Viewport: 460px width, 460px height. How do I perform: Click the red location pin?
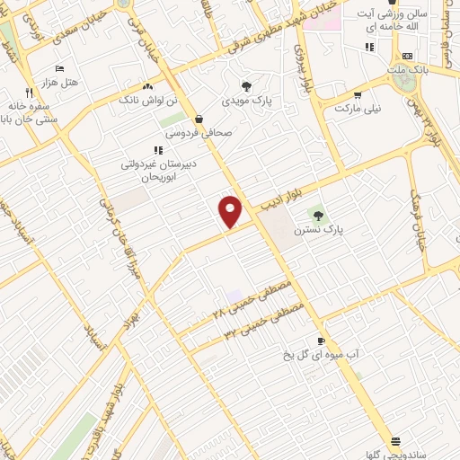pyautogui.click(x=231, y=210)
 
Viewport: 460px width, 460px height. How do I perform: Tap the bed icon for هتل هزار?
pyautogui.click(x=59, y=68)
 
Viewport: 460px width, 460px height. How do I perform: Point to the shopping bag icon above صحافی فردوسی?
pyautogui.click(x=199, y=119)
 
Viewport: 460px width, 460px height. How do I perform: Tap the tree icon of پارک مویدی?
pyautogui.click(x=247, y=85)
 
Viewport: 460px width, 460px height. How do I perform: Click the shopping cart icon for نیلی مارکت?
pyautogui.click(x=358, y=94)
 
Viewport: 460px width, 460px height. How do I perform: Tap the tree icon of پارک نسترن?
pyautogui.click(x=317, y=214)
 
